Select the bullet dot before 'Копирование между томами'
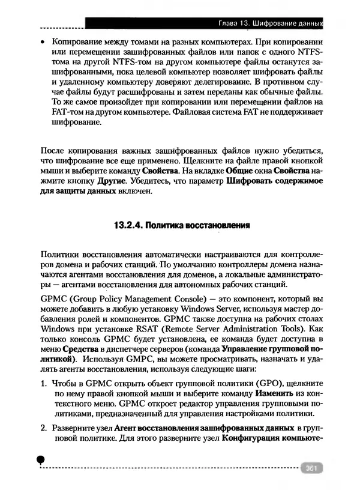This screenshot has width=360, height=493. [42, 44]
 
